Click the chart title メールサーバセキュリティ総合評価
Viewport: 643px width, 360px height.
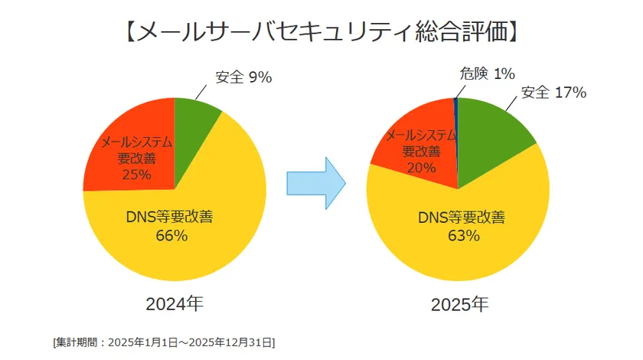tap(322, 31)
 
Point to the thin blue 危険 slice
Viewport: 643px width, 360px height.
tap(456, 138)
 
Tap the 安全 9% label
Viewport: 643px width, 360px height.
tap(244, 77)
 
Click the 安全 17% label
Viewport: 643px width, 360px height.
tap(553, 93)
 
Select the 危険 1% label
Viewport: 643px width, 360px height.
tap(486, 74)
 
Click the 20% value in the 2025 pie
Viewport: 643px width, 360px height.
tap(420, 168)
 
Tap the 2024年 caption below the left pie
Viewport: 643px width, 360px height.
tap(175, 304)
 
